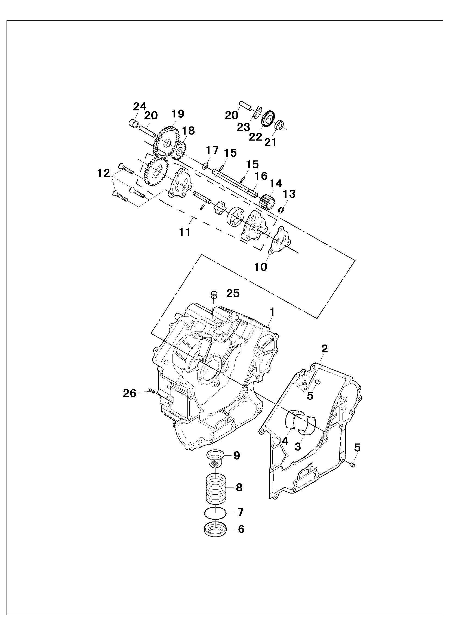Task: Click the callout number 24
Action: coord(139,106)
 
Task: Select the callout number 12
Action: coord(104,173)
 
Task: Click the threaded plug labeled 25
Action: coord(213,294)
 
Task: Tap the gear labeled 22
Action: coord(268,119)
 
